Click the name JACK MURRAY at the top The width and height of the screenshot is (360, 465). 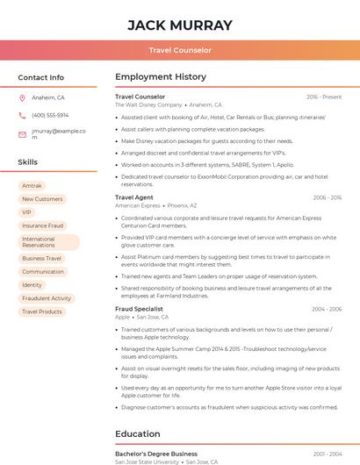pos(180,25)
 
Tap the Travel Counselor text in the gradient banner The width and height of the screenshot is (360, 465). pos(180,50)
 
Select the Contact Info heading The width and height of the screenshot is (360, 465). pos(41,77)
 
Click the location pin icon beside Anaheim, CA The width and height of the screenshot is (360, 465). pos(22,98)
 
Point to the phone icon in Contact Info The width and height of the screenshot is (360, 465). pos(22,115)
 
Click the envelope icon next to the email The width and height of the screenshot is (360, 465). pos(22,134)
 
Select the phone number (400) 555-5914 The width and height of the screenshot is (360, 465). pos(50,115)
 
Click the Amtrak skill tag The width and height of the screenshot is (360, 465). pos(32,186)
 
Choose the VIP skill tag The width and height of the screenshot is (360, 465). pos(26,212)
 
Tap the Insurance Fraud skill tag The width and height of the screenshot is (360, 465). pos(42,225)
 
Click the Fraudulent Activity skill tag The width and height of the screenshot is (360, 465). pos(47,298)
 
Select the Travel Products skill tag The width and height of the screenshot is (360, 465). pos(42,311)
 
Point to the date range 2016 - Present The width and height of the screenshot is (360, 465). pos(324,97)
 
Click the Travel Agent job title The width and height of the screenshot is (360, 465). pos(134,197)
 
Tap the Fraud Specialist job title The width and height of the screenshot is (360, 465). pos(139,309)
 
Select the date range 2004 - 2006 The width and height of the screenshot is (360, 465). pos(326,309)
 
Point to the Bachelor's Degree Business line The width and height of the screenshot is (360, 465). pos(156,454)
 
